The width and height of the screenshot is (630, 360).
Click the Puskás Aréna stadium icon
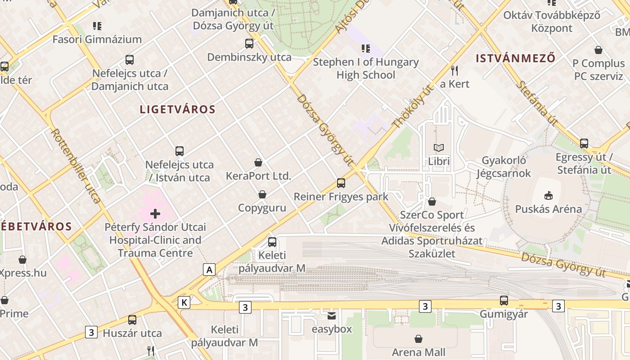point(548,195)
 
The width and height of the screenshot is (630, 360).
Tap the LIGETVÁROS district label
point(178,109)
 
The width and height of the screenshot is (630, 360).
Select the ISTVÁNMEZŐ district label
point(516,58)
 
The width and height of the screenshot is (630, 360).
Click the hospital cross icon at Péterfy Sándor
point(155,214)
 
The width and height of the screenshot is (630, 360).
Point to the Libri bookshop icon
point(439,148)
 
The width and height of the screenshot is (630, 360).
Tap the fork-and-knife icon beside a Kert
point(454,70)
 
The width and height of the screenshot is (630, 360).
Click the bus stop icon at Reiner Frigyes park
point(341,183)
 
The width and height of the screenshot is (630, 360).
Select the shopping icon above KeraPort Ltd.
point(258,162)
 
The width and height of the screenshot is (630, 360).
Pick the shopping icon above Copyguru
point(262,194)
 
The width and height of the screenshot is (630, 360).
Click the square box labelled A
point(209,270)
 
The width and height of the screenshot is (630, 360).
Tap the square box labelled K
point(184,302)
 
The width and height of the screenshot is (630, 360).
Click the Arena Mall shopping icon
point(418,339)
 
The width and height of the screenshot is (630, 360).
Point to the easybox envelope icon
point(332,316)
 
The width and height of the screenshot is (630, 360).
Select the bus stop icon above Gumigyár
point(504,301)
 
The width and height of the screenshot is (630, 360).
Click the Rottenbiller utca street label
point(76,166)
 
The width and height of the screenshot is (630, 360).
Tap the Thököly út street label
point(413,106)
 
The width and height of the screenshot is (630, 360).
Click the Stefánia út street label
point(536,103)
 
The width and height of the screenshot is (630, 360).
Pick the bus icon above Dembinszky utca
point(249,44)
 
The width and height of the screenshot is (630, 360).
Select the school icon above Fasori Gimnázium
point(97,26)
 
